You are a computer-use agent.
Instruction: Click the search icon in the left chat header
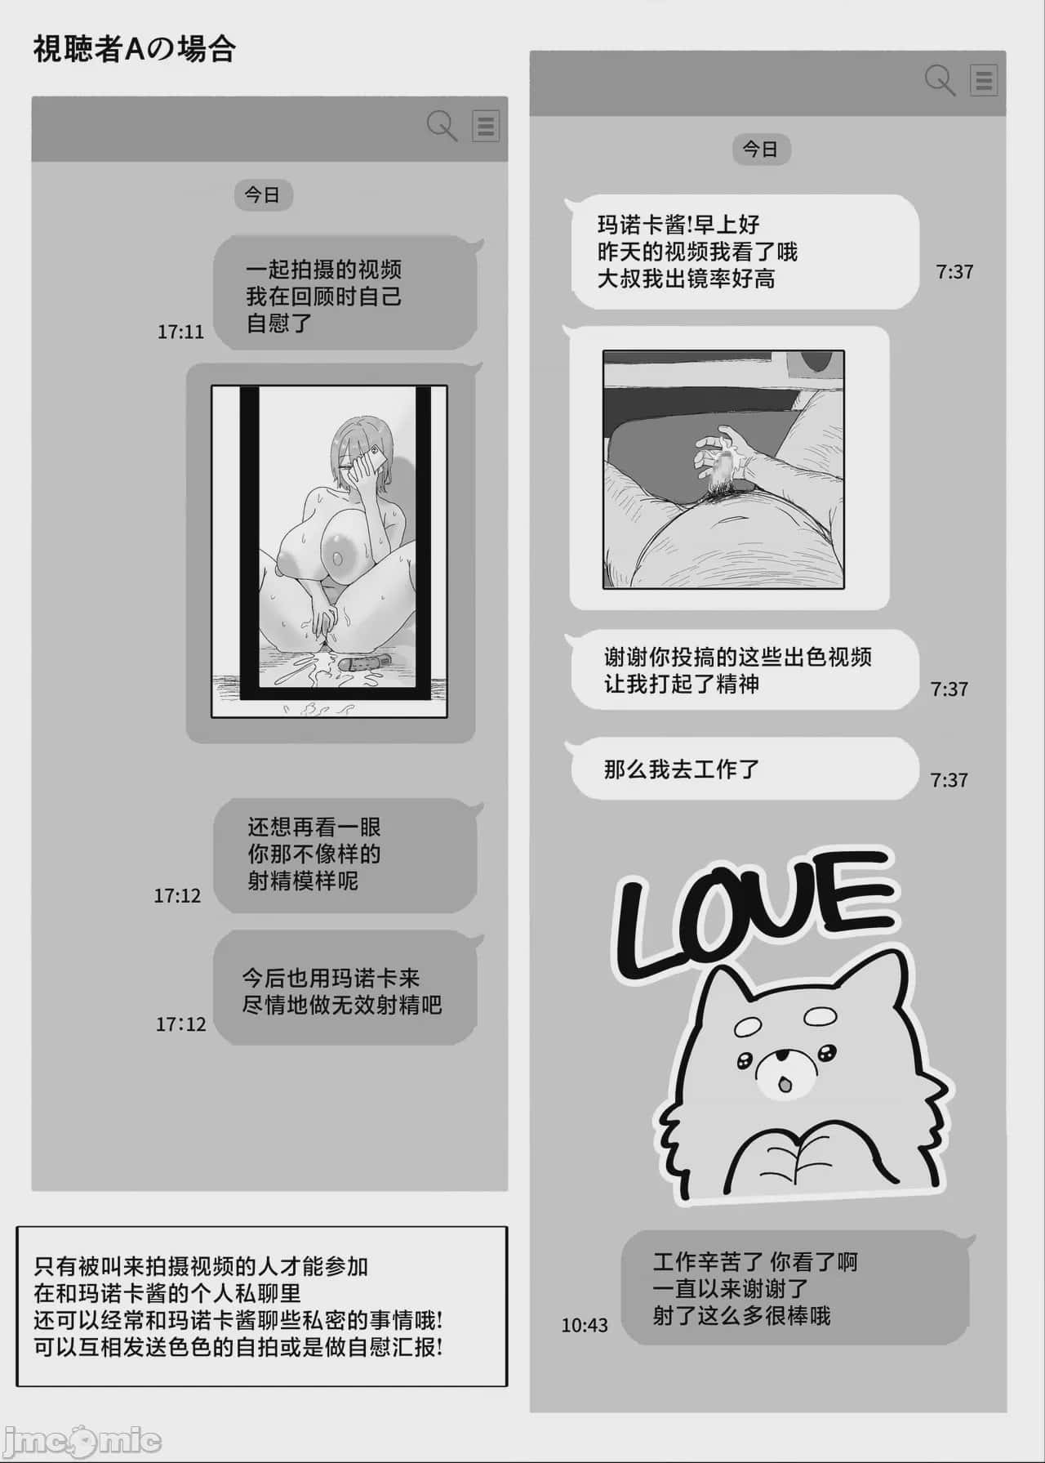(x=442, y=126)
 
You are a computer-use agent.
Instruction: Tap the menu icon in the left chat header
(x=486, y=127)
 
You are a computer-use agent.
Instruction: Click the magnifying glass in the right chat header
(x=940, y=80)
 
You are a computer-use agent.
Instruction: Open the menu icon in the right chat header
(x=984, y=81)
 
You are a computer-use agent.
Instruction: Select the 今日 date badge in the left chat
(x=263, y=195)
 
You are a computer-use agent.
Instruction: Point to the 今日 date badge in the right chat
(x=761, y=149)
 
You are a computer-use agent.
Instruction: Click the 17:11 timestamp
(x=180, y=332)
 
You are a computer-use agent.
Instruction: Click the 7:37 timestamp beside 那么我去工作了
(x=949, y=780)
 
